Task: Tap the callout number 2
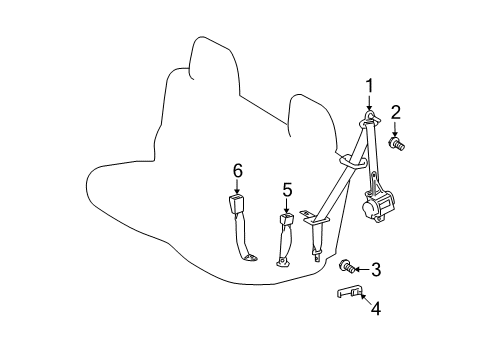(x=396, y=112)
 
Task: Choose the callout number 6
(x=238, y=172)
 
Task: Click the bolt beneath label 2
(x=396, y=144)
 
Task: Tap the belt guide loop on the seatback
(x=349, y=160)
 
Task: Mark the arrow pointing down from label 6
(x=238, y=188)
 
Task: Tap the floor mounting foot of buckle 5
(x=283, y=263)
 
